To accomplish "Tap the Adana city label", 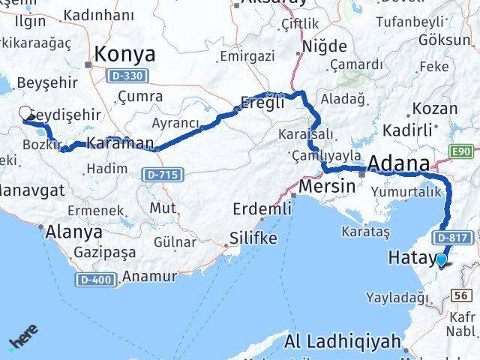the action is [398, 163].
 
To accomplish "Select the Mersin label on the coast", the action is [326, 185].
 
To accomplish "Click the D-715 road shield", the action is [160, 174].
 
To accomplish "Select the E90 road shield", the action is [463, 152].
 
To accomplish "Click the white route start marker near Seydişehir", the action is [25, 113].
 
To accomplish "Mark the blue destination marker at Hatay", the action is [442, 260].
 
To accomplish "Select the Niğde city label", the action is [324, 46].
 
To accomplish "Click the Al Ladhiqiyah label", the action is [344, 342].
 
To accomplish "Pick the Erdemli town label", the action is [261, 208].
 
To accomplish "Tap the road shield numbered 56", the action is [463, 296].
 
